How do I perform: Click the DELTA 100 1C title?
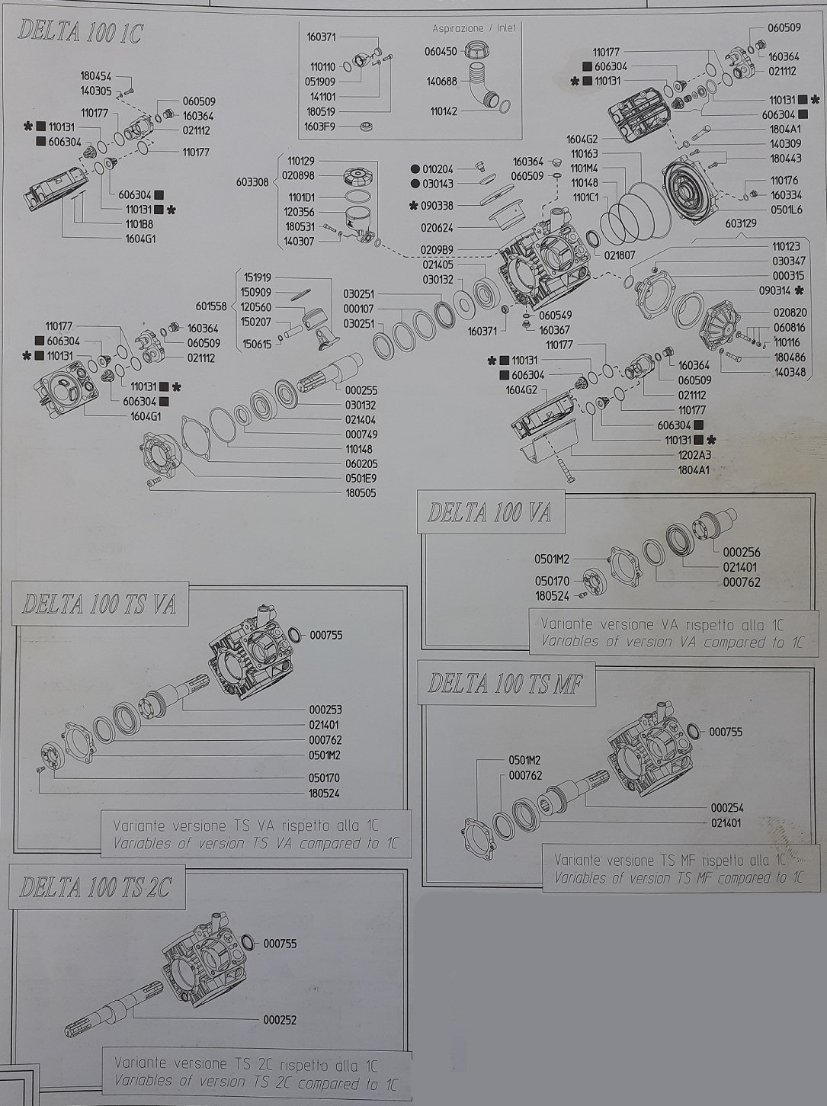[x=81, y=32]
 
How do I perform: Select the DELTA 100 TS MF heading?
[x=505, y=684]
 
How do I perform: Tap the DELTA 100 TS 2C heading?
[x=96, y=886]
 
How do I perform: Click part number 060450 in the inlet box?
[x=441, y=51]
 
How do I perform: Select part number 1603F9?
[x=319, y=127]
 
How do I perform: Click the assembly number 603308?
[x=252, y=182]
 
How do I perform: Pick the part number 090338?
[x=438, y=206]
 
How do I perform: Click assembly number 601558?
[x=210, y=306]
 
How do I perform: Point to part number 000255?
[x=361, y=390]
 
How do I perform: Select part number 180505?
[x=361, y=493]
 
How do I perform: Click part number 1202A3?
[x=694, y=456]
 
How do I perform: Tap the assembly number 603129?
[x=740, y=223]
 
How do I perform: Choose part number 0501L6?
[x=786, y=210]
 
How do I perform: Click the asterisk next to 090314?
[x=799, y=290]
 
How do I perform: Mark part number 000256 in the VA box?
[x=742, y=553]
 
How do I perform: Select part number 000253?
[x=325, y=710]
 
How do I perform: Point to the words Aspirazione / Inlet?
[x=474, y=28]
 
